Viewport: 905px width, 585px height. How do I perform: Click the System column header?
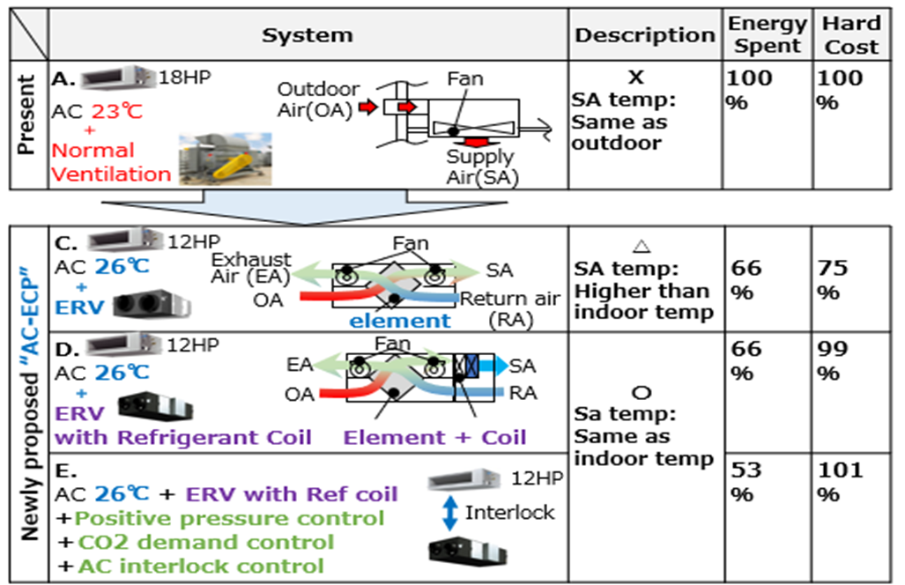307,35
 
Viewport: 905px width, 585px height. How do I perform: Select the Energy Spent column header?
767,35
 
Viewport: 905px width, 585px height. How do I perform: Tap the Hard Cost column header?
851,35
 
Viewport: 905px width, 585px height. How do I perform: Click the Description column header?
644,35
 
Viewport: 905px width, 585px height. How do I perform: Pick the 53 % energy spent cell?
746,482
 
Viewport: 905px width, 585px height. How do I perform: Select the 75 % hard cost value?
833,280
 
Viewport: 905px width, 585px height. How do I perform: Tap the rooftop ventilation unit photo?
224,159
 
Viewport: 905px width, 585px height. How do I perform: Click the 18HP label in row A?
182,78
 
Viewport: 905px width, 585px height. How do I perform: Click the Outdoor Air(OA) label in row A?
318,99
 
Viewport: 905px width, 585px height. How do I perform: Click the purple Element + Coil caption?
434,438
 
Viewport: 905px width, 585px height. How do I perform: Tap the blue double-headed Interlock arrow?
449,513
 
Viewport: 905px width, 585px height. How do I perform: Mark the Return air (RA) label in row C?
508,308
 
